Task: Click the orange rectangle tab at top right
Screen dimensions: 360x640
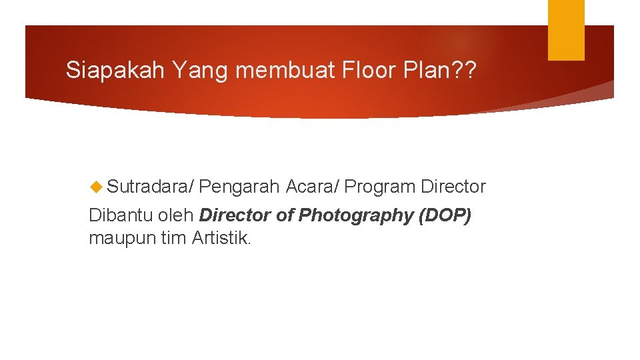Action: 566,29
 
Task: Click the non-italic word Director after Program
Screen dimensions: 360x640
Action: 453,187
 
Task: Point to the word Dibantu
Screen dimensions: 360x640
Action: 115,215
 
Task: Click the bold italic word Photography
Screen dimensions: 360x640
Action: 356,216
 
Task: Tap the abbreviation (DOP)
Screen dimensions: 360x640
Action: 446,216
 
